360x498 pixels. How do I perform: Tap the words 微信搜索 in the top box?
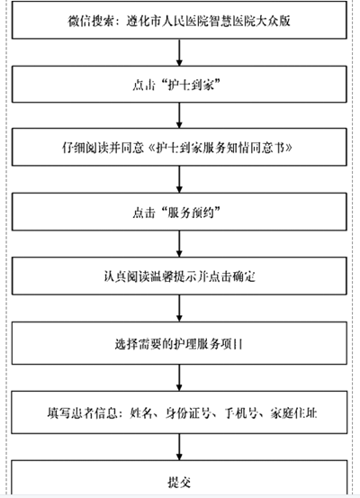coord(91,22)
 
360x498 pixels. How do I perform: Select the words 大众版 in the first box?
coord(273,22)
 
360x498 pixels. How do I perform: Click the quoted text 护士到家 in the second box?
coord(191,86)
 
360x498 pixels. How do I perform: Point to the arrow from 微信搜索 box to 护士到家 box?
coord(179,52)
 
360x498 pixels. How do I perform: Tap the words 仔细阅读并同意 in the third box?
coord(103,148)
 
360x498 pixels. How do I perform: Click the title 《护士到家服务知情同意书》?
coord(220,148)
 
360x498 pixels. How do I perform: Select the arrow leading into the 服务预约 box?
coord(179,179)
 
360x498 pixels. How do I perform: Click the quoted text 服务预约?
coord(191,213)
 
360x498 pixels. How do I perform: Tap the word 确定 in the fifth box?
coord(244,276)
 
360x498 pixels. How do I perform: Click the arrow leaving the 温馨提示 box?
coord(179,308)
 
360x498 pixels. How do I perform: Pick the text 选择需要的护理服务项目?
coord(178,344)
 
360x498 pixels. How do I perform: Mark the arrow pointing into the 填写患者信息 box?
coord(179,377)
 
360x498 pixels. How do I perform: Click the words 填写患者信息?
coord(82,413)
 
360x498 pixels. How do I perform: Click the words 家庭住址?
coord(293,413)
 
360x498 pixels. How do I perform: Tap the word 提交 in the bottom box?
coord(179,482)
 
